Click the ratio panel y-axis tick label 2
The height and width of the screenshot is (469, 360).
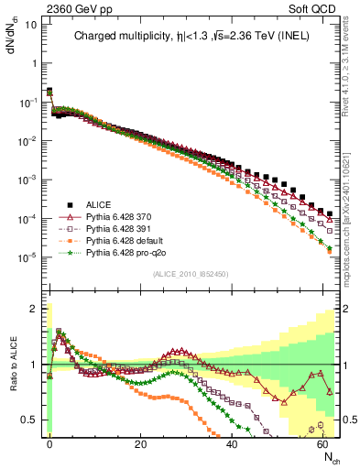[x=34, y=309]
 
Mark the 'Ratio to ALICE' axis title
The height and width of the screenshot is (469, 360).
[x=11, y=365]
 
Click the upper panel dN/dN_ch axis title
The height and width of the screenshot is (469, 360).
[x=11, y=41]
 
